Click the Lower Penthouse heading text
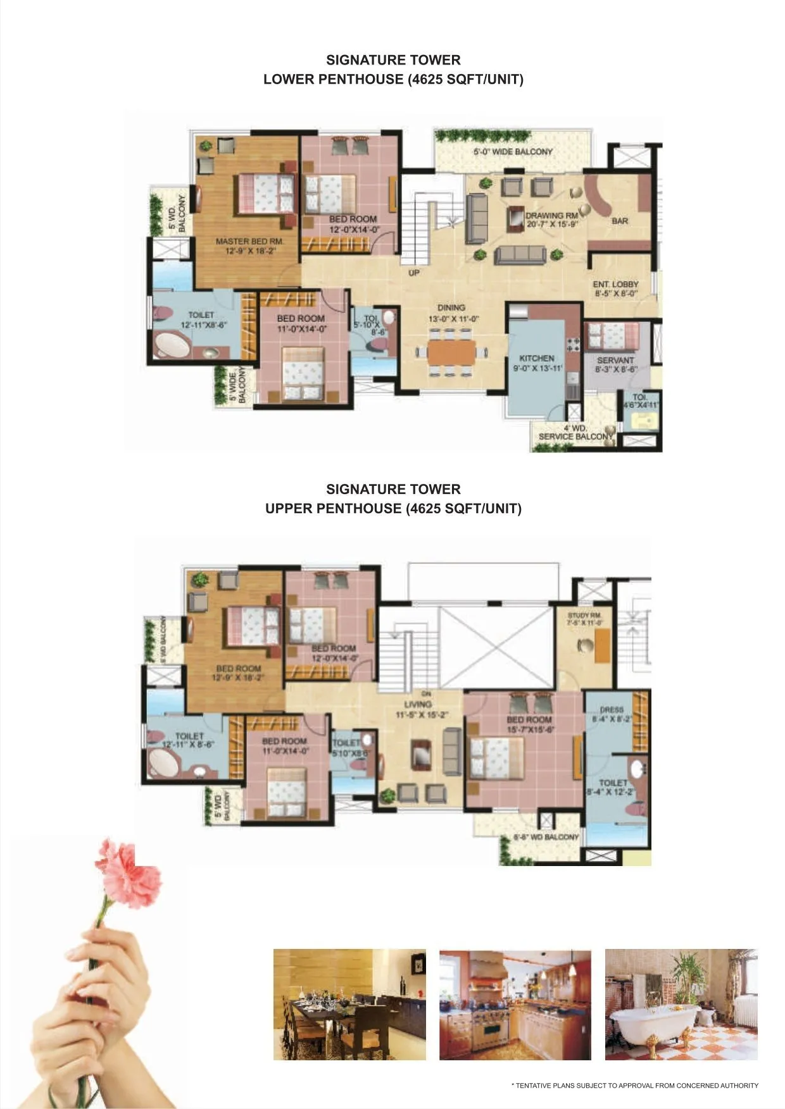(x=393, y=79)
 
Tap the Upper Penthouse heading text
(x=393, y=508)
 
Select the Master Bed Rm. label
(x=249, y=242)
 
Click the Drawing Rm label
(x=551, y=216)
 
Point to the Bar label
(x=620, y=221)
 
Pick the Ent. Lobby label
(x=615, y=285)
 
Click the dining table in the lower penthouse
(x=451, y=352)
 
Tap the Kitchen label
(x=537, y=359)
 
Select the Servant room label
(x=615, y=361)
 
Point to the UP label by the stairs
(x=414, y=273)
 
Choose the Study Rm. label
(x=585, y=616)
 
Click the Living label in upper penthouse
(x=418, y=704)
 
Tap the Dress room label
(x=612, y=710)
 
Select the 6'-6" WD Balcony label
(x=546, y=837)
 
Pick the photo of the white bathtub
(x=681, y=1004)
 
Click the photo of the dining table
(x=349, y=1004)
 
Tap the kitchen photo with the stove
(x=515, y=1004)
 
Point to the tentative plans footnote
(x=634, y=1086)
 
